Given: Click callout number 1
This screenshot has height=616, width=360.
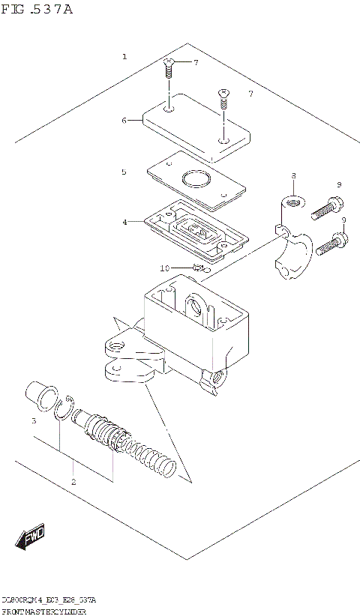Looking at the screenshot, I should pyautogui.click(x=124, y=57).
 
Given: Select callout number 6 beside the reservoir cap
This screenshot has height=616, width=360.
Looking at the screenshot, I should pyautogui.click(x=124, y=119).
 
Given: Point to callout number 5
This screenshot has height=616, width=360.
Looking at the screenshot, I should pyautogui.click(x=124, y=172).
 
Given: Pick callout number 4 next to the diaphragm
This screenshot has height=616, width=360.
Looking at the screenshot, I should pyautogui.click(x=124, y=221).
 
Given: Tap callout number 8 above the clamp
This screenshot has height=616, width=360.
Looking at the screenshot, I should pyautogui.click(x=293, y=175).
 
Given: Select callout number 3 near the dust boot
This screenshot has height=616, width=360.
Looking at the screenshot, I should pyautogui.click(x=34, y=421).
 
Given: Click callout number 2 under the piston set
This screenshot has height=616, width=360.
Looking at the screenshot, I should pyautogui.click(x=73, y=481).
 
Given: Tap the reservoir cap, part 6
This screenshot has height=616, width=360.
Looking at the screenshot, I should pyautogui.click(x=196, y=127).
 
